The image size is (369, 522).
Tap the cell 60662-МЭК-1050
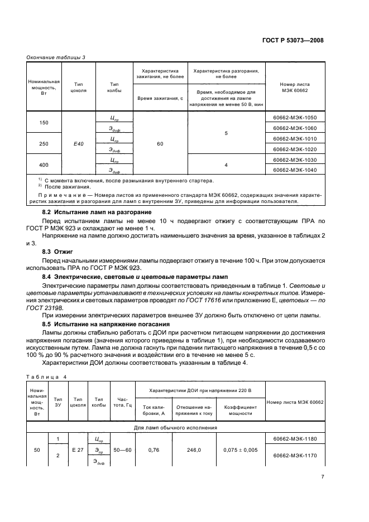click(x=295, y=118)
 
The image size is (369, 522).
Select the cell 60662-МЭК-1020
click(x=295, y=149)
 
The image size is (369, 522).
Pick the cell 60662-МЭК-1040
click(x=295, y=170)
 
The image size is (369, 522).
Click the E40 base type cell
click(x=79, y=144)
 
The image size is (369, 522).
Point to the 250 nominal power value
click(x=44, y=144)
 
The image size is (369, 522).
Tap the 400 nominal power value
click(x=44, y=165)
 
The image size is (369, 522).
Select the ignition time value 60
click(x=160, y=144)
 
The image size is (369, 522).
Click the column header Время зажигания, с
click(x=160, y=98)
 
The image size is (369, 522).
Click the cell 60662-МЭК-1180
click(x=295, y=440)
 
